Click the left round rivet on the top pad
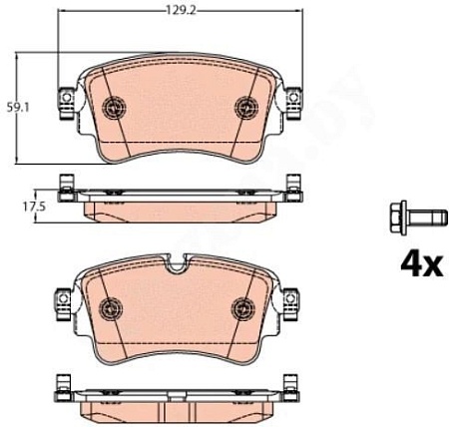(x=112, y=106)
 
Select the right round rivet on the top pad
(x=245, y=106)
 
